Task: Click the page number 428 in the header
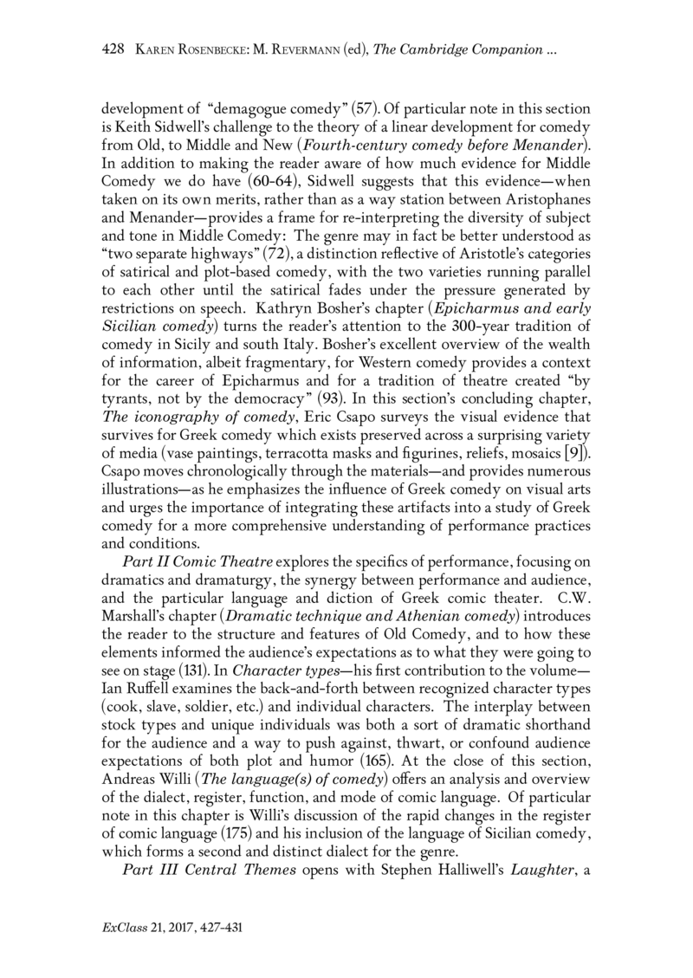click(x=114, y=52)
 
